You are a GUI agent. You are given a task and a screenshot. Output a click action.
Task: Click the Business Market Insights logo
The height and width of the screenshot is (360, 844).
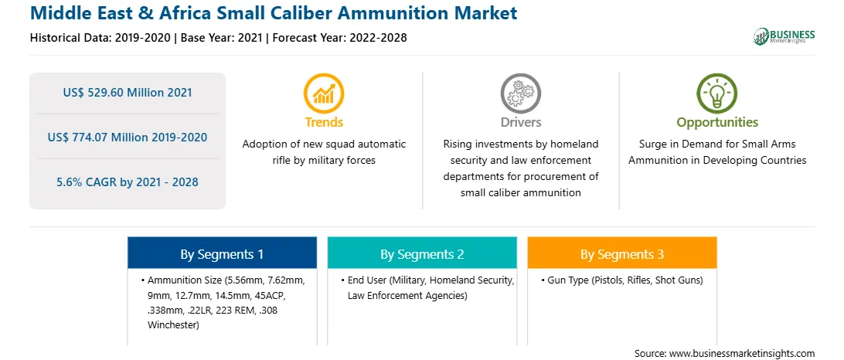(x=784, y=36)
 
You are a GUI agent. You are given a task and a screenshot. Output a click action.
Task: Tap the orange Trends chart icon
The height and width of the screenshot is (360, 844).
(x=324, y=93)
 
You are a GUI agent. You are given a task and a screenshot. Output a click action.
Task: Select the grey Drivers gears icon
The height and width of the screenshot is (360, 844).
(x=520, y=93)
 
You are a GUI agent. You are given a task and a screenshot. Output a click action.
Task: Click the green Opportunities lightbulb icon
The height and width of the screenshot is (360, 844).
(x=717, y=93)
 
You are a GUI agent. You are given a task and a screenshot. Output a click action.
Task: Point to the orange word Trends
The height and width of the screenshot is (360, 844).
(x=324, y=122)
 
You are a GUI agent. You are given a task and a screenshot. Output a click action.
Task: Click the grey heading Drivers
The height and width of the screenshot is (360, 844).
(x=520, y=122)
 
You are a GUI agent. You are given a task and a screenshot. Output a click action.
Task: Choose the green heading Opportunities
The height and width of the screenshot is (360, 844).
(x=717, y=123)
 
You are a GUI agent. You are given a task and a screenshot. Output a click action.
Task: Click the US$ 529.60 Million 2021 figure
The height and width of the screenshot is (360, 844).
(x=127, y=93)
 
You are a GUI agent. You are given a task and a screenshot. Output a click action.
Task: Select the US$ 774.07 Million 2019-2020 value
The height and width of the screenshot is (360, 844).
(x=127, y=138)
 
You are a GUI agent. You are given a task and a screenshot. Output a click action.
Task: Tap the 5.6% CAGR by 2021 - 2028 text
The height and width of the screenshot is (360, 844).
(x=127, y=182)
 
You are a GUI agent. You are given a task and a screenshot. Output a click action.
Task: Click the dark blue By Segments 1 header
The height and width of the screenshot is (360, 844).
(x=222, y=254)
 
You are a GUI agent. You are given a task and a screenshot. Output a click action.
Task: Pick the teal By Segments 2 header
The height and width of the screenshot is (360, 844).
(x=422, y=254)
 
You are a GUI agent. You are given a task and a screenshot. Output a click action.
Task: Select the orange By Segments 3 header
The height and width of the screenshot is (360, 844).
(x=621, y=254)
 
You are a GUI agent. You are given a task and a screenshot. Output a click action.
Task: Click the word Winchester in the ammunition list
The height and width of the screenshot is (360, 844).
(x=173, y=324)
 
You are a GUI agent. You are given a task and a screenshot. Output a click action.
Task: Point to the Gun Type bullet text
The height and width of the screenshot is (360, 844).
(x=624, y=280)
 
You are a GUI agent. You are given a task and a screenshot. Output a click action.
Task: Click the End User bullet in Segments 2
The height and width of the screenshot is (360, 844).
(x=428, y=288)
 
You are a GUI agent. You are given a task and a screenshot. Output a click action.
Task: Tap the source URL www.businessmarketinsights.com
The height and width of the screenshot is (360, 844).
(x=742, y=353)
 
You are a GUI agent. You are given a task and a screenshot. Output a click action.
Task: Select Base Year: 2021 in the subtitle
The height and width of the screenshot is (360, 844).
(x=221, y=38)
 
